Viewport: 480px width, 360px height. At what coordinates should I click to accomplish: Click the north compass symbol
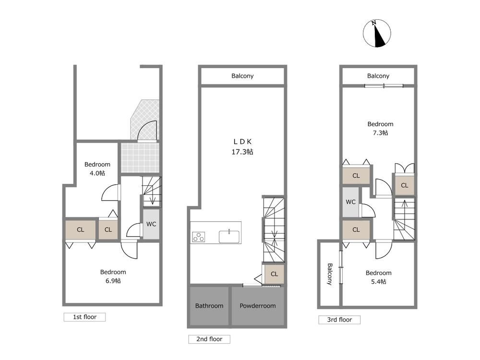point(377,34)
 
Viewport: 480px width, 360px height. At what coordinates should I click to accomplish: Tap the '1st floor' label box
point(84,317)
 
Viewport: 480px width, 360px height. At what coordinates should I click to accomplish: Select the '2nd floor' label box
point(209,339)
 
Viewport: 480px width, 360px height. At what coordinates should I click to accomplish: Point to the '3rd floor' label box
point(339,320)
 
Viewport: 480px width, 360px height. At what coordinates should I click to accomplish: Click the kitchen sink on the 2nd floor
point(229,237)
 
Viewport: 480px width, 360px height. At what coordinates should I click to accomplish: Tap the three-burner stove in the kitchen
point(199,237)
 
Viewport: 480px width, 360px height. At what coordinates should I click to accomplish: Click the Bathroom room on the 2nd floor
point(209,306)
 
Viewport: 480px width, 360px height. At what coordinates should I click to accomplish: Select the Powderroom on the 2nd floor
point(258,306)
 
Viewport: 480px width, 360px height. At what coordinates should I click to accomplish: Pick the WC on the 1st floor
point(151,224)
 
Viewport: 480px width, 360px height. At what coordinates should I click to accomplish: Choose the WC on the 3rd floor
point(351,202)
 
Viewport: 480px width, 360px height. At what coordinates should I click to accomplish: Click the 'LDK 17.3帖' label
point(242,146)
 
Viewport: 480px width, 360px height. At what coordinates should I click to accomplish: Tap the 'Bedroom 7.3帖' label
point(380,128)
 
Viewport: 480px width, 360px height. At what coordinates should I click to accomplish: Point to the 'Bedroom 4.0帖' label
point(97,168)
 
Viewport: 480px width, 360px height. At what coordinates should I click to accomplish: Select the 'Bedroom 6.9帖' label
point(113,276)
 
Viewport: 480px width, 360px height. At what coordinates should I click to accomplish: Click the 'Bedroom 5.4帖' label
point(378,277)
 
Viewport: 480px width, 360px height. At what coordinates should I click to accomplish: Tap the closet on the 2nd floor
point(274,274)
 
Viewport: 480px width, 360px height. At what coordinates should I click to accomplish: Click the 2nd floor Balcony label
point(242,76)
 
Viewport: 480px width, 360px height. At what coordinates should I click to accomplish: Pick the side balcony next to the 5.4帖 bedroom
point(329,274)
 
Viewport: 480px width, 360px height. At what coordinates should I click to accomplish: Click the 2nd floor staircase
point(274,229)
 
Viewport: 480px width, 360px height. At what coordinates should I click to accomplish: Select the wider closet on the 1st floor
point(81,229)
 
